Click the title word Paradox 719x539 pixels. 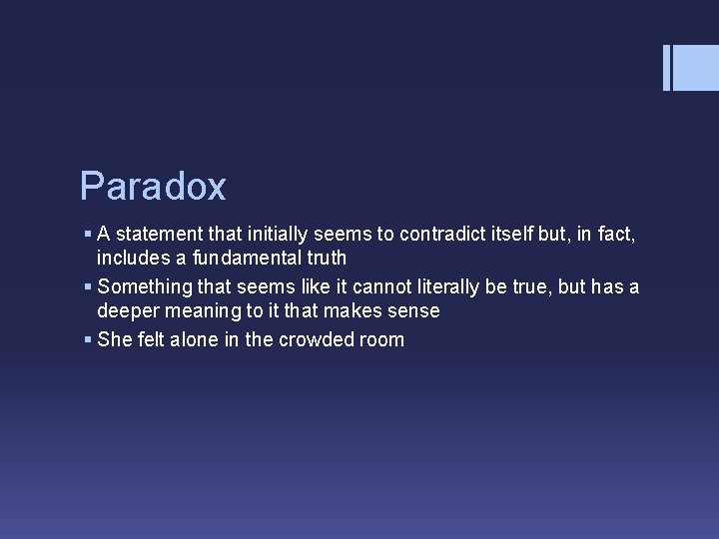[x=153, y=187]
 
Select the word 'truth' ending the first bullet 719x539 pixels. [x=322, y=259]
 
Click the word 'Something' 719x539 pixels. [x=144, y=287]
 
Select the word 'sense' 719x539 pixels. [x=413, y=310]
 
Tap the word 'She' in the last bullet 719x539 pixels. [x=114, y=339]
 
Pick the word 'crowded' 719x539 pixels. [x=321, y=339]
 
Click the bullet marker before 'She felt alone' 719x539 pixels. [x=89, y=340]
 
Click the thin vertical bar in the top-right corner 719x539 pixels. [x=667, y=68]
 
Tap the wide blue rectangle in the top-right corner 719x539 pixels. [x=697, y=68]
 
